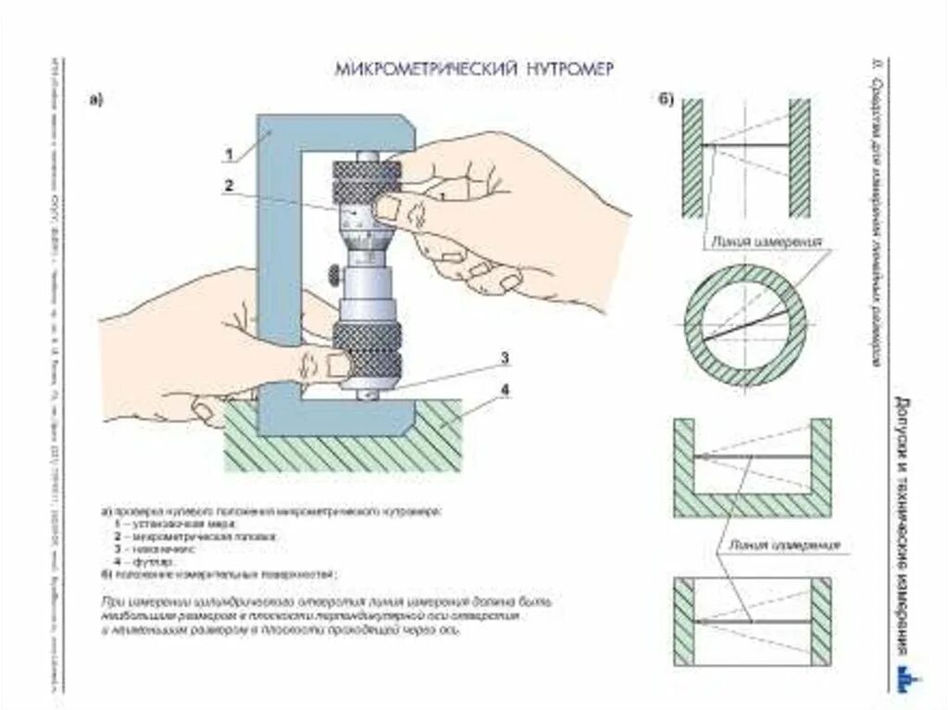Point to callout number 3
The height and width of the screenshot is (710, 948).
(x=505, y=357)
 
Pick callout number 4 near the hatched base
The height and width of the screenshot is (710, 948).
(x=505, y=390)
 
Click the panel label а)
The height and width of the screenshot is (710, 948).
(x=95, y=100)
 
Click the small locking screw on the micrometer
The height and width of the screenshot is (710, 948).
(x=331, y=273)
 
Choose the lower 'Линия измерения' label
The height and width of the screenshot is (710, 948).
(x=784, y=544)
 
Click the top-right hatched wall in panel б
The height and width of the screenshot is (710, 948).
(x=799, y=157)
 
